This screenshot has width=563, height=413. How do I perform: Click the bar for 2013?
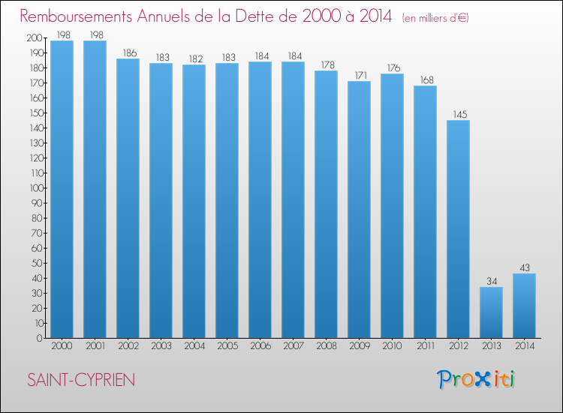pos(491,312)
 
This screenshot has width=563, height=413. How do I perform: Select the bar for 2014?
pos(524,306)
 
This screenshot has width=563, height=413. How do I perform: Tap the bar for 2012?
pos(458,229)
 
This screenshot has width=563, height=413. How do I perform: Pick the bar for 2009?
pos(359,210)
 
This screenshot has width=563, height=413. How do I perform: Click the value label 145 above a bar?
pos(458,114)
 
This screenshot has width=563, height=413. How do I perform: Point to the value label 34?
pos(491,281)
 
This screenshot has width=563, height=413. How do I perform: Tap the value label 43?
pos(524,267)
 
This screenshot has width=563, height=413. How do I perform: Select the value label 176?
pos(392,68)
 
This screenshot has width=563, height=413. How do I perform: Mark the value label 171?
pos(359,75)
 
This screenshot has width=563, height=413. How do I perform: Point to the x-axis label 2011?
pos(425,347)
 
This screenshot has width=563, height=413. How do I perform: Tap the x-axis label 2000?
pos(62,347)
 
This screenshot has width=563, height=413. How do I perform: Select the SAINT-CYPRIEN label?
pos(81,380)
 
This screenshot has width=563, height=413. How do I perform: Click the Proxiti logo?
pos(477,379)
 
